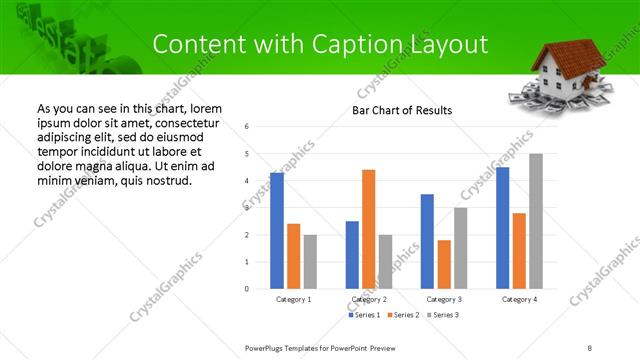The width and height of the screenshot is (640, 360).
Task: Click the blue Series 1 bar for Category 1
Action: pyautogui.click(x=277, y=231)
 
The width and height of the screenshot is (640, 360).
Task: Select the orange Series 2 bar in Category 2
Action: pyautogui.click(x=368, y=229)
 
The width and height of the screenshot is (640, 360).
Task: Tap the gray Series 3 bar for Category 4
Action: pyautogui.click(x=536, y=221)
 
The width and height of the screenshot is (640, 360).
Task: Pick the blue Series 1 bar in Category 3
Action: pyautogui.click(x=427, y=241)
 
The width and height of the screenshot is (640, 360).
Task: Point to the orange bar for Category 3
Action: pyautogui.click(x=444, y=264)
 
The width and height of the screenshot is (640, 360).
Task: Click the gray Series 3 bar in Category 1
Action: pyautogui.click(x=310, y=262)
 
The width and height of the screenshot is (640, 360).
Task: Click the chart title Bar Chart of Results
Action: pyautogui.click(x=401, y=110)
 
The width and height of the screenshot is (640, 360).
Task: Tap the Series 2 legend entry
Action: pyautogui.click(x=404, y=316)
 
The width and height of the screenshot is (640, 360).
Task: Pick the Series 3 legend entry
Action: pyautogui.click(x=443, y=316)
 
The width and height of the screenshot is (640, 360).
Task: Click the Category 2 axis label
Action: pyautogui.click(x=369, y=299)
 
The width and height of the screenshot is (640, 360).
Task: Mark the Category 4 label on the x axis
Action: pyautogui.click(x=519, y=299)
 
